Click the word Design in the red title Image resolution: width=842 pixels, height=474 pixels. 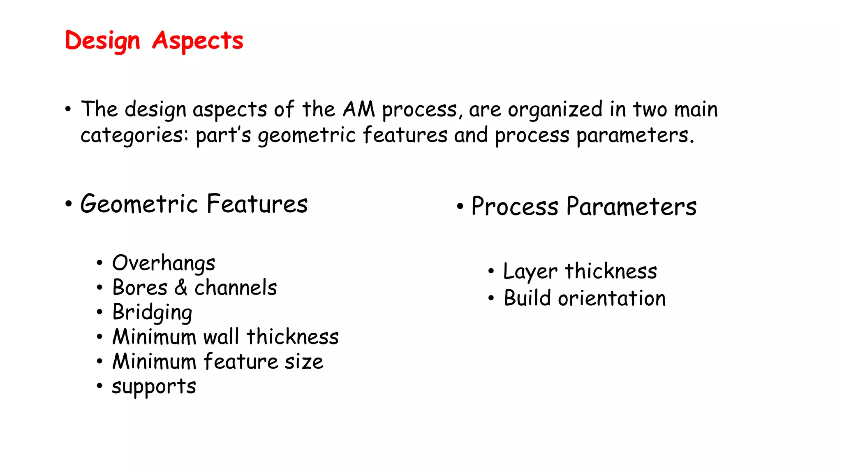click(102, 41)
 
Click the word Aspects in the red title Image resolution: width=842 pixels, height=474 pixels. click(198, 41)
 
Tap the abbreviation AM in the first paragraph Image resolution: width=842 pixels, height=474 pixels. click(359, 109)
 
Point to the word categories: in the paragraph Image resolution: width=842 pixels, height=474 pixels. click(134, 136)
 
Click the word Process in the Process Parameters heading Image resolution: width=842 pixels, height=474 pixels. click(515, 207)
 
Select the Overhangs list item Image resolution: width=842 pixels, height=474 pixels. click(164, 263)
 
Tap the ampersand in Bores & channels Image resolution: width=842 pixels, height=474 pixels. click(181, 287)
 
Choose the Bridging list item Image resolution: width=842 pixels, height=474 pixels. click(152, 313)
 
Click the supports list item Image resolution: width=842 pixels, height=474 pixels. click(154, 387)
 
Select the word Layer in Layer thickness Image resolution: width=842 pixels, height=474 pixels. click(530, 272)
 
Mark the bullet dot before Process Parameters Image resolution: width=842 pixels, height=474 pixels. click(460, 207)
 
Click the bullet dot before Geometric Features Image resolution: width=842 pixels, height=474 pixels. click(69, 204)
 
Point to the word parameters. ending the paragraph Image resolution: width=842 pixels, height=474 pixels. click(635, 136)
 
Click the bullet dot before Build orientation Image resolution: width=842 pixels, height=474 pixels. click(491, 298)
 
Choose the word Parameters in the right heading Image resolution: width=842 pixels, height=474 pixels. click(631, 207)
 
